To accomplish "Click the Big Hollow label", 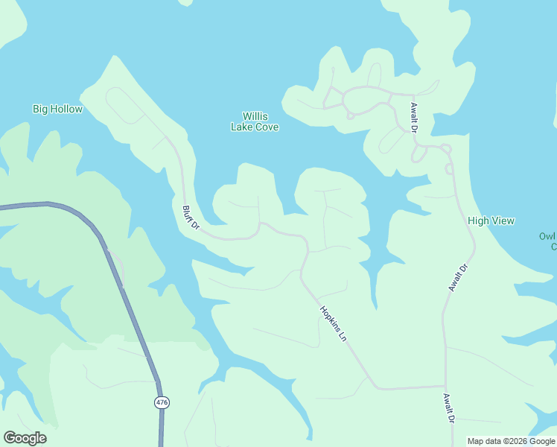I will point(57,109).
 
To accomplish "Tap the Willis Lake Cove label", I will point(255,121).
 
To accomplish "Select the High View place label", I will point(491,221).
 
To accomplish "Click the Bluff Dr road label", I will point(191,218).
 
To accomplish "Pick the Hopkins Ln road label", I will point(334,324).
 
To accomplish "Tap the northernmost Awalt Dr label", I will point(414,118).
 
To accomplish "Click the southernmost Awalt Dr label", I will point(448,408).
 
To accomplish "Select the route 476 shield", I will point(162,402).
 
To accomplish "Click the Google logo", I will point(25,438).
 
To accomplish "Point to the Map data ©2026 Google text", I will point(511,441).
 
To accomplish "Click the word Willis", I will point(255,116).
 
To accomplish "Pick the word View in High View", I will point(503,221).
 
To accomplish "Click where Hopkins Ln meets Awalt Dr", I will point(445,387).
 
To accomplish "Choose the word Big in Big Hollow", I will point(40,109).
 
